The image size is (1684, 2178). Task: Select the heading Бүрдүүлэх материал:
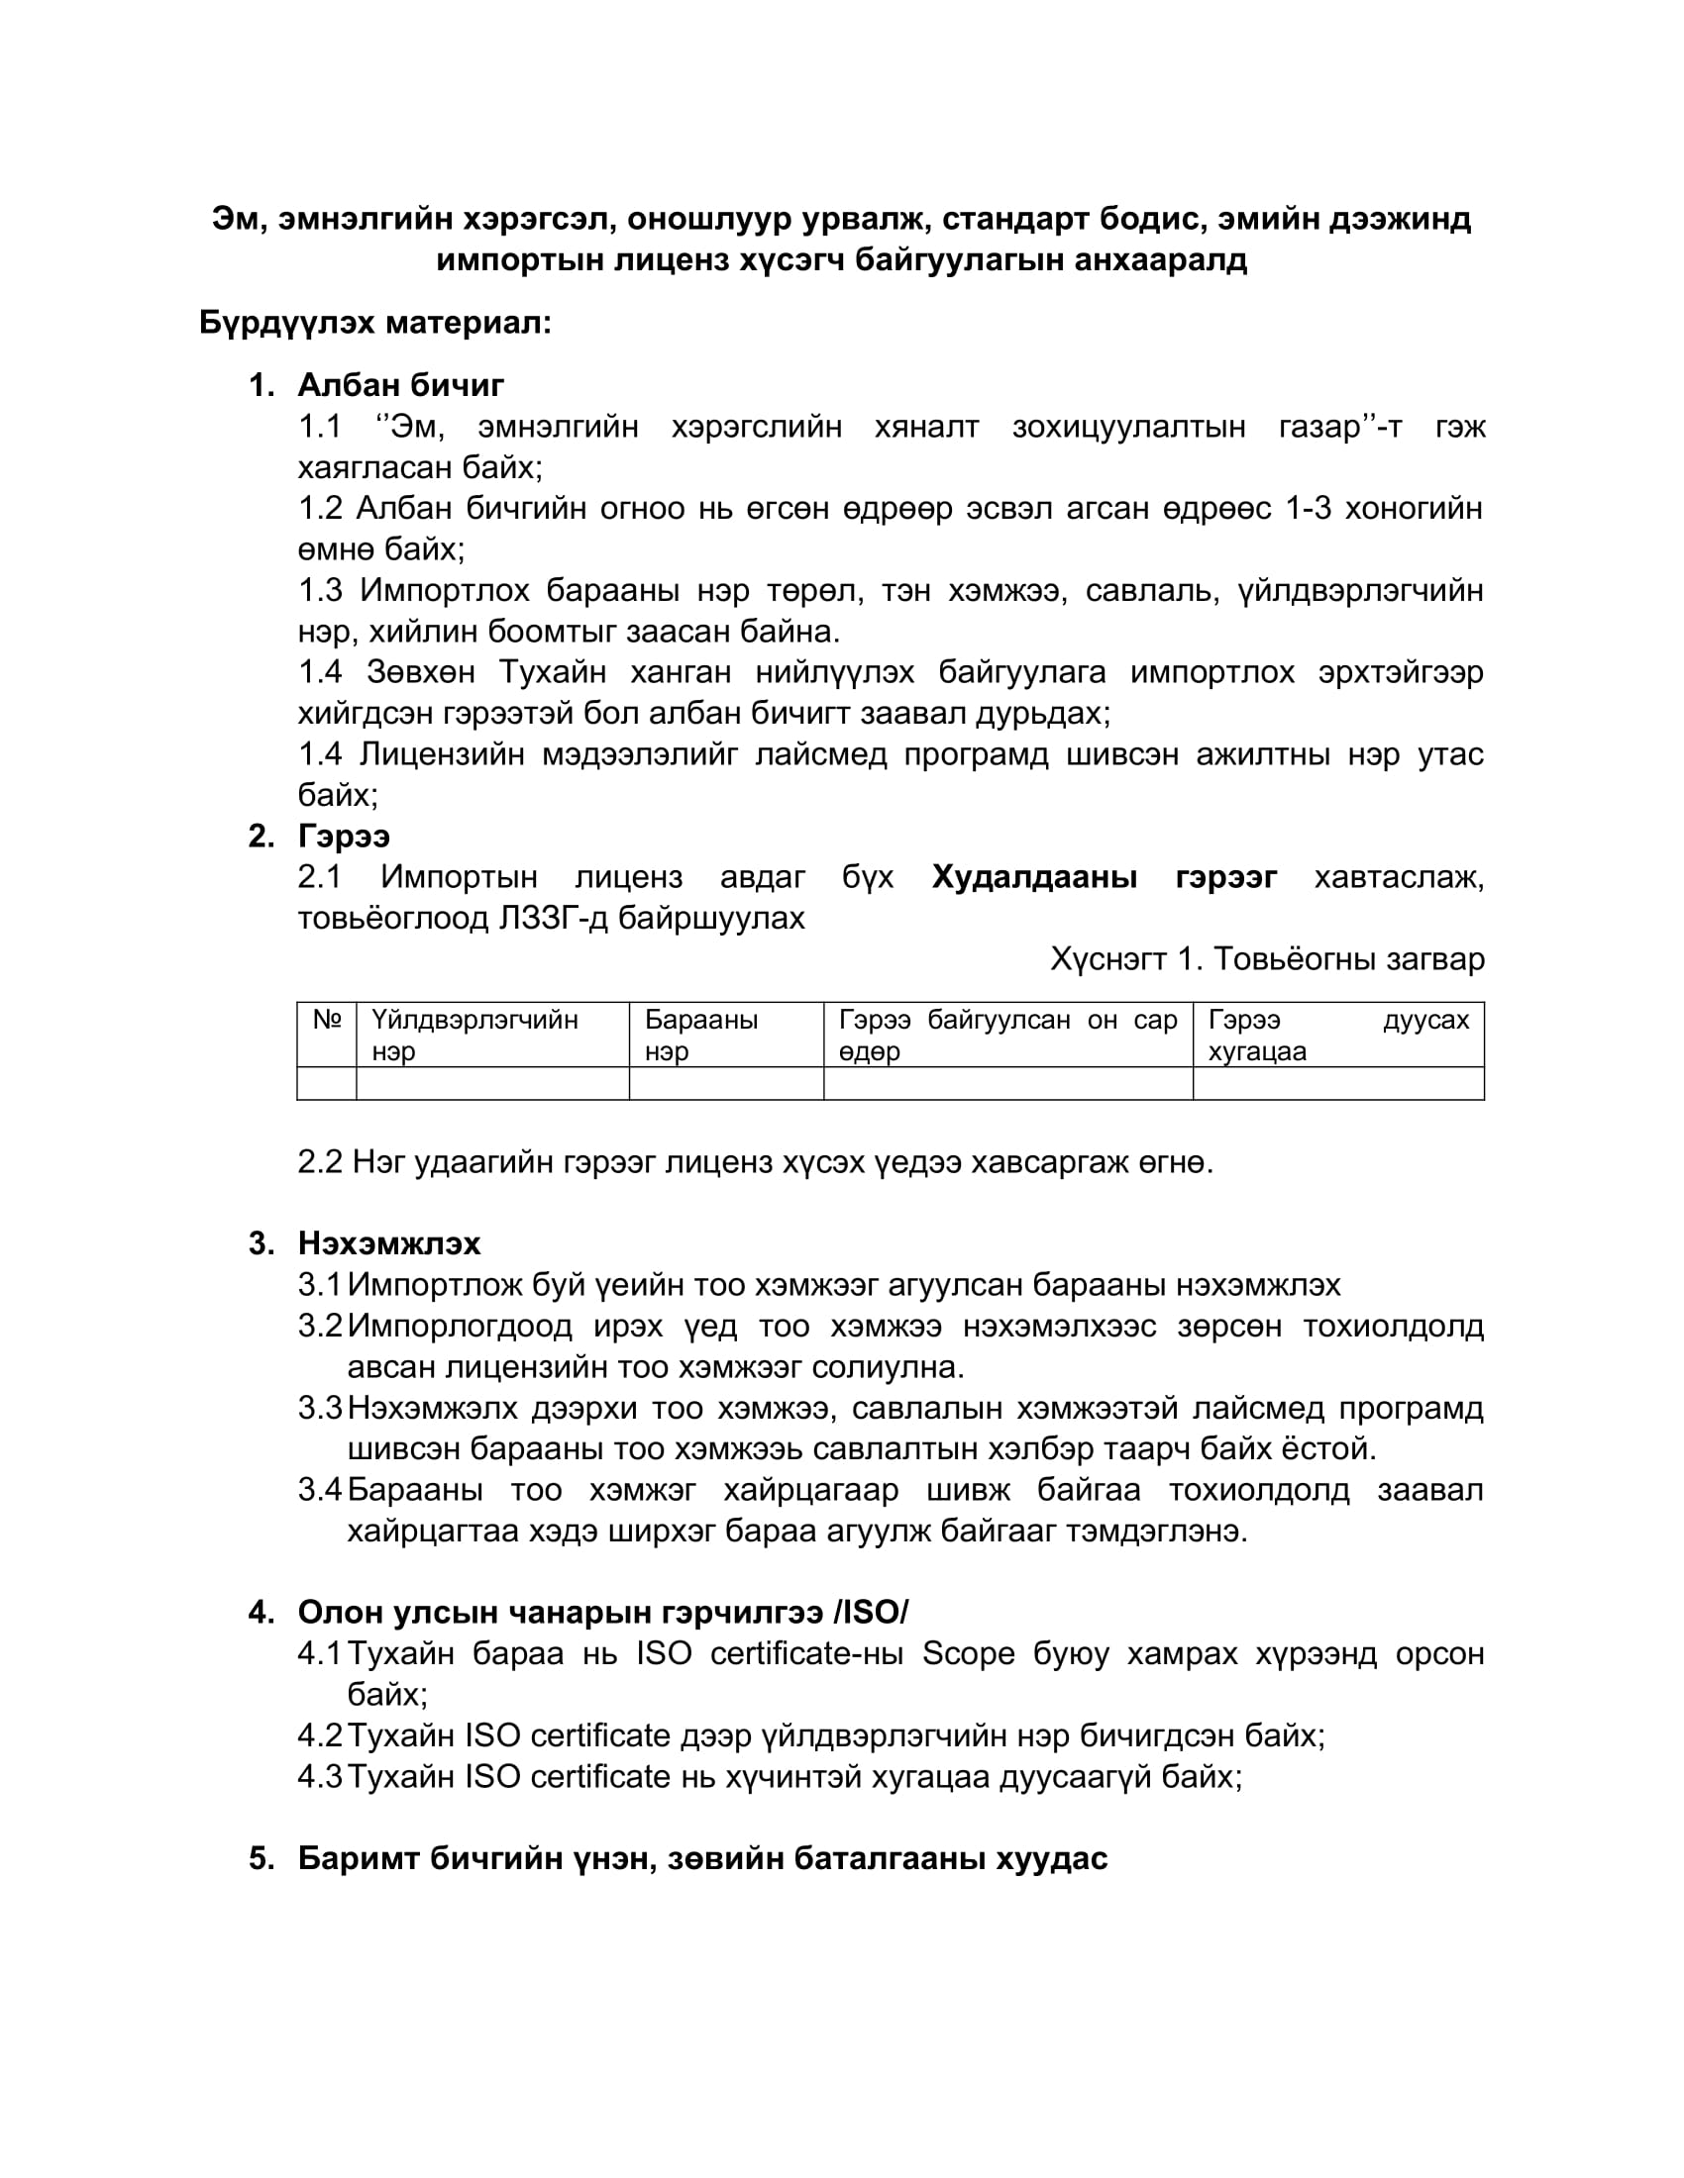(375, 323)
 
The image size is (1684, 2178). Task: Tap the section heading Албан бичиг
(401, 385)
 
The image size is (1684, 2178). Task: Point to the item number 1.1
(320, 427)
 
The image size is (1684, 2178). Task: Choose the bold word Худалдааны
(1034, 877)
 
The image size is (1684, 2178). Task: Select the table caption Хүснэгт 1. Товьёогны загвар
(1267, 959)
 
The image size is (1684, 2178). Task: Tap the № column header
(327, 1020)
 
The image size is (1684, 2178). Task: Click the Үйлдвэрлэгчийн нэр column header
(474, 1036)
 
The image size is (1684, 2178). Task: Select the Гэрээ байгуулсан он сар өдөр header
(1007, 1036)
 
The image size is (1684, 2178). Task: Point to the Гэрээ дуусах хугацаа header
(1338, 1036)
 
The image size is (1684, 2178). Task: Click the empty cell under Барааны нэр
(726, 1084)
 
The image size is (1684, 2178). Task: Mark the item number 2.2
(320, 1162)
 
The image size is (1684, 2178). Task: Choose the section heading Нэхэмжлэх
(389, 1243)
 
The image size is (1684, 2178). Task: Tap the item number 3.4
(320, 1490)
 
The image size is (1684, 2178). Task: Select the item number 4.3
(320, 1776)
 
